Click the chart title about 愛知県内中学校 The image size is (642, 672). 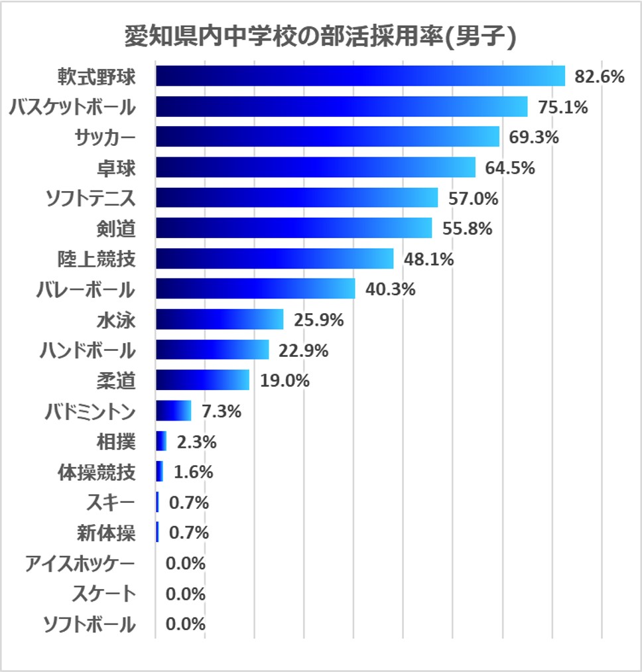pyautogui.click(x=320, y=37)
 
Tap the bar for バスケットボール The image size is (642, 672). pyautogui.click(x=342, y=107)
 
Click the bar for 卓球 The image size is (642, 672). pyautogui.click(x=316, y=167)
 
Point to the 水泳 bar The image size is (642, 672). pyautogui.click(x=220, y=320)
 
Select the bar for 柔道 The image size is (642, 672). pyautogui.click(x=202, y=380)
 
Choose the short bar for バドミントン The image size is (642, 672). pyautogui.click(x=174, y=411)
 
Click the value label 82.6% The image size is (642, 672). pyautogui.click(x=600, y=76)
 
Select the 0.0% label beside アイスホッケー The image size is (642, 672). pyautogui.click(x=185, y=563)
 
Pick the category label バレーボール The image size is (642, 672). pyautogui.click(x=86, y=290)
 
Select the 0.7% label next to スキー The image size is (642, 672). pyautogui.click(x=189, y=503)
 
